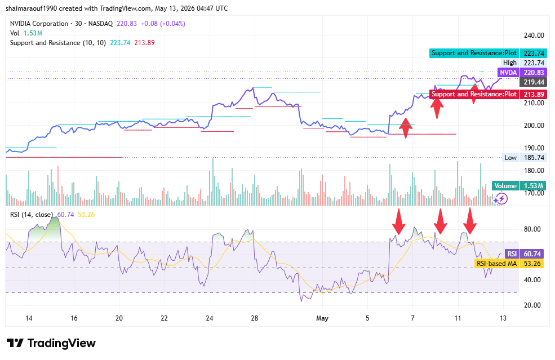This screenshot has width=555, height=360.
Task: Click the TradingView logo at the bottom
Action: (51, 343)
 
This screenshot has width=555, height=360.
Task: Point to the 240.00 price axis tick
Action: (534, 35)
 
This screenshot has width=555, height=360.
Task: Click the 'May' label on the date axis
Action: (322, 318)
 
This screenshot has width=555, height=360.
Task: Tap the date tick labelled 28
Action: (255, 318)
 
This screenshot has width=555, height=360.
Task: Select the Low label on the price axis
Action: (510, 158)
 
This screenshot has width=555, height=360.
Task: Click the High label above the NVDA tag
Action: (510, 63)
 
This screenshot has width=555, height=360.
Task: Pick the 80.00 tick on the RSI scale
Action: (532, 229)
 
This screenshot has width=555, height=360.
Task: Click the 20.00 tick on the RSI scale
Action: (532, 305)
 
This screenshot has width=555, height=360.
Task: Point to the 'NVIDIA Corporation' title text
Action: (39, 24)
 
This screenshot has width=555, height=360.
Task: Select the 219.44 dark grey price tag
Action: (533, 82)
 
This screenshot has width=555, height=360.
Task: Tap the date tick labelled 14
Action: (29, 318)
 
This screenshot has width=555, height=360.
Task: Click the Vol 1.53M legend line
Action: (26, 33)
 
